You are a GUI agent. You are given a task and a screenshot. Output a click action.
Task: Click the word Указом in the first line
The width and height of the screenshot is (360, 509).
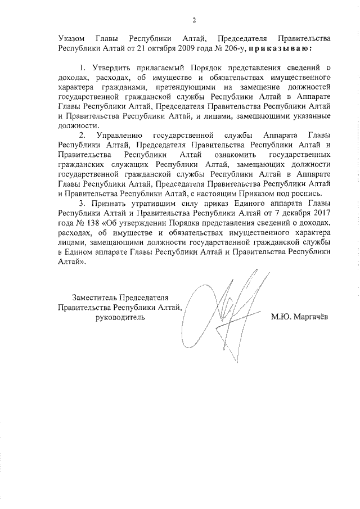[x=72, y=39]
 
